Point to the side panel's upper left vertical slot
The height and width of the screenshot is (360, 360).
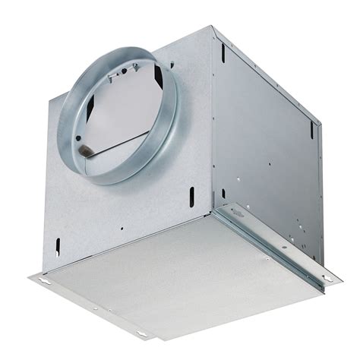(x=223, y=53)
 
